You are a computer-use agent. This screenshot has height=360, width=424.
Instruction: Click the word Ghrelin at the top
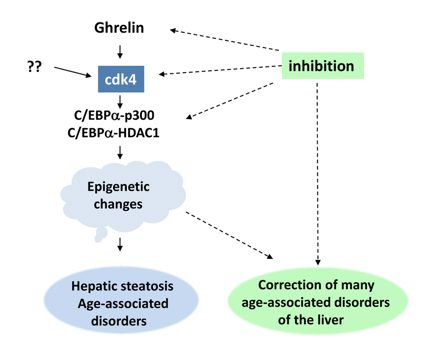click(x=119, y=28)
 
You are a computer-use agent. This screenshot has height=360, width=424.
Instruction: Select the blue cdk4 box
click(x=121, y=79)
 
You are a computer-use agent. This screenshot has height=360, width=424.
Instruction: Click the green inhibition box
click(x=322, y=66)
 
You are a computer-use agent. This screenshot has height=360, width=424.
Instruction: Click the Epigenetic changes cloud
click(x=119, y=195)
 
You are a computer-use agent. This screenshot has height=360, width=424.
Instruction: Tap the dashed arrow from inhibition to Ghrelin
click(x=224, y=39)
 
